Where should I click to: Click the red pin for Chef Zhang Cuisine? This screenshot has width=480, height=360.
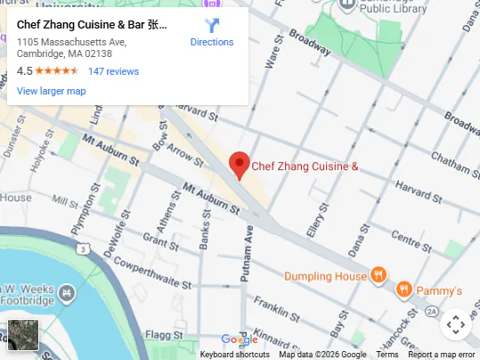click(239, 165)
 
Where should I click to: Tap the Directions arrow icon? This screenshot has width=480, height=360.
click(212, 25)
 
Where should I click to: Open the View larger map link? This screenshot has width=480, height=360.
click(51, 91)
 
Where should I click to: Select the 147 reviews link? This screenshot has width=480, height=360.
click(113, 71)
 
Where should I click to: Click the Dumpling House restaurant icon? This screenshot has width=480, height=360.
click(378, 275)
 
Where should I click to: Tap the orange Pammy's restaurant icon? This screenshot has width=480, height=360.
click(403, 290)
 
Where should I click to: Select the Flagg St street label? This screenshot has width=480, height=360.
click(164, 335)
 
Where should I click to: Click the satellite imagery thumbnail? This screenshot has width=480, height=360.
click(23, 335)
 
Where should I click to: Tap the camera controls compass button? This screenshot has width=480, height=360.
click(455, 325)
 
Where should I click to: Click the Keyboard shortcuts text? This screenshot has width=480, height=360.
click(234, 354)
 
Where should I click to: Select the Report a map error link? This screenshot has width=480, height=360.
click(442, 354)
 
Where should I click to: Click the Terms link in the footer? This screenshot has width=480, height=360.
click(386, 354)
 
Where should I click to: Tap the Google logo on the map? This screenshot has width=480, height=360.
click(239, 340)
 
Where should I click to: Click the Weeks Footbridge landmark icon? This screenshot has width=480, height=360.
click(66, 291)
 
